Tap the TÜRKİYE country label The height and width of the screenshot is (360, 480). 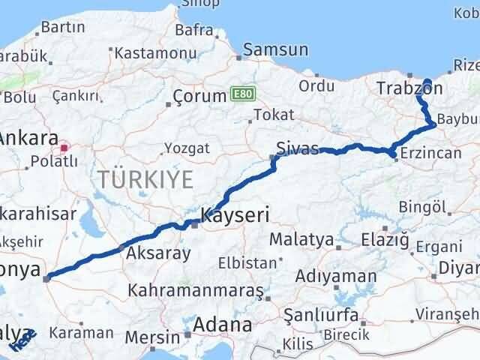(145, 179)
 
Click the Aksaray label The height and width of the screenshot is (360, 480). (158, 253)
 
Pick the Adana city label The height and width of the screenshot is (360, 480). (223, 325)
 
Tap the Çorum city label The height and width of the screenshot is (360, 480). (199, 96)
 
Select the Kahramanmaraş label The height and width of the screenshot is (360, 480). (196, 289)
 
